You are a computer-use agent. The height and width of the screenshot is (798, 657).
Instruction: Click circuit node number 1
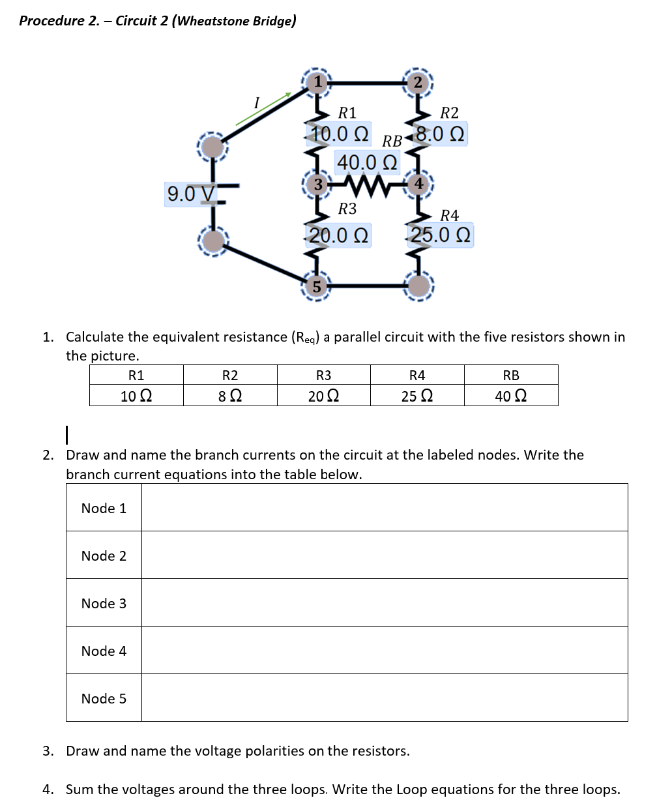317,82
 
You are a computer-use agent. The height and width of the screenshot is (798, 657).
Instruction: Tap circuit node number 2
418,82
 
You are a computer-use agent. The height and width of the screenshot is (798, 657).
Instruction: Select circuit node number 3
317,185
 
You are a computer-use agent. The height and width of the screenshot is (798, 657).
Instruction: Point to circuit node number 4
419,185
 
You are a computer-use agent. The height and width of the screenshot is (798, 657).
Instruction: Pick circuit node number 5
317,286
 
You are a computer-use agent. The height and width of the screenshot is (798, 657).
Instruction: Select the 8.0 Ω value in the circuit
440,134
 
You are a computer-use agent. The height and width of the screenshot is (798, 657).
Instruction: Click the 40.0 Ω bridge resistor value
366,161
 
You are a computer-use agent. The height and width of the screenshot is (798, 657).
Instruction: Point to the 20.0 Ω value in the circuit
338,235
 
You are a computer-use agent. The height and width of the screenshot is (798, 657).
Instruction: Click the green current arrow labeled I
263,108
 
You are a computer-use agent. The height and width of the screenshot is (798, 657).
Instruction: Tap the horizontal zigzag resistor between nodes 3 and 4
367,185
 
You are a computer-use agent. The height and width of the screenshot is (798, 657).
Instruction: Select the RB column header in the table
511,375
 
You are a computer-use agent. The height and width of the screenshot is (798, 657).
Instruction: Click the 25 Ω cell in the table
417,396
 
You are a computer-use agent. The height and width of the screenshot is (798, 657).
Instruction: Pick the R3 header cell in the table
323,375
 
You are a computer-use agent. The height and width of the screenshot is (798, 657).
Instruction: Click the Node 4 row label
104,651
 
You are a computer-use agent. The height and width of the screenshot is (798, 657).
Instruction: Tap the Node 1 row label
104,508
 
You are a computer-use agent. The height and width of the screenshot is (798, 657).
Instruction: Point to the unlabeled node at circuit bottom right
419,286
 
